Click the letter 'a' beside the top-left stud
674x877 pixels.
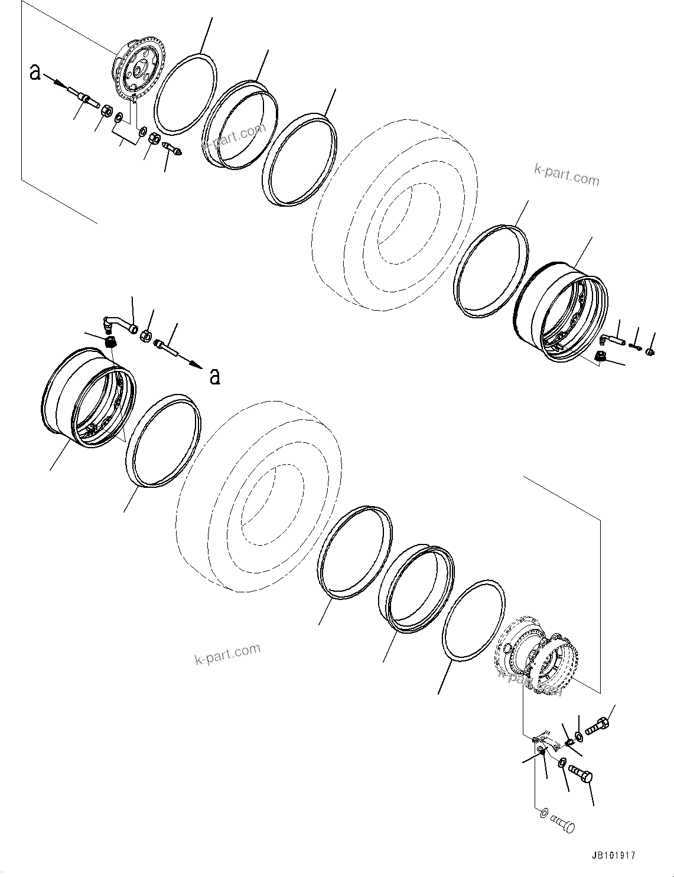pyautogui.click(x=35, y=73)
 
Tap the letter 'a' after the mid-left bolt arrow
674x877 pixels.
pyautogui.click(x=215, y=376)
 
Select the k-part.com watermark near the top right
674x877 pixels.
pyautogui.click(x=566, y=175)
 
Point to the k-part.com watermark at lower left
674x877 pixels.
pyautogui.click(x=227, y=653)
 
